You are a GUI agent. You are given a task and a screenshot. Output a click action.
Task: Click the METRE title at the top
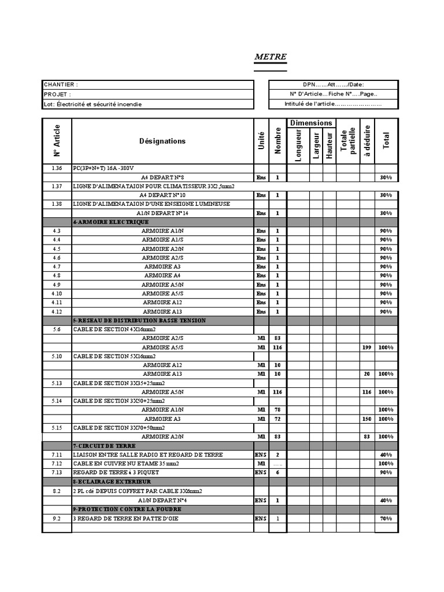[271, 58]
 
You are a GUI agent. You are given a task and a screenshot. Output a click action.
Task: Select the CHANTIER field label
[61, 84]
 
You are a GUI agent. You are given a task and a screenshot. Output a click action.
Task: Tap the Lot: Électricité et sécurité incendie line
[92, 104]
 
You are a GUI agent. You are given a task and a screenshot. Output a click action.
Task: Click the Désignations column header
[162, 141]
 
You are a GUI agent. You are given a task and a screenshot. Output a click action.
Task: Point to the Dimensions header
[312, 123]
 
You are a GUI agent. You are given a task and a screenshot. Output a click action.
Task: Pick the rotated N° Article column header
[57, 141]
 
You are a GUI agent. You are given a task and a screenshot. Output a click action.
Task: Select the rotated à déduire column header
[367, 141]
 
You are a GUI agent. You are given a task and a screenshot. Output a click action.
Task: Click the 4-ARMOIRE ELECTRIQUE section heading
[111, 221]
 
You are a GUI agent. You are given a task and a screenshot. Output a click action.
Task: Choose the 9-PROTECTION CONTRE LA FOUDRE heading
[127, 509]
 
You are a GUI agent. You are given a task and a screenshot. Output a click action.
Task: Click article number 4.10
[57, 294]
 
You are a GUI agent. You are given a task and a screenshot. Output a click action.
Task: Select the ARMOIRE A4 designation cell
[162, 276]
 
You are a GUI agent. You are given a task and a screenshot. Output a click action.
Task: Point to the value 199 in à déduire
[366, 347]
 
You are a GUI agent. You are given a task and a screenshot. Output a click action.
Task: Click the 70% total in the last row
[386, 519]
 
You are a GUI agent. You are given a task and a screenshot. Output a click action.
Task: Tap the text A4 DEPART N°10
[162, 195]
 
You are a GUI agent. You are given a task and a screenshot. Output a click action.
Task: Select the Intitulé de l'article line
[333, 104]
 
